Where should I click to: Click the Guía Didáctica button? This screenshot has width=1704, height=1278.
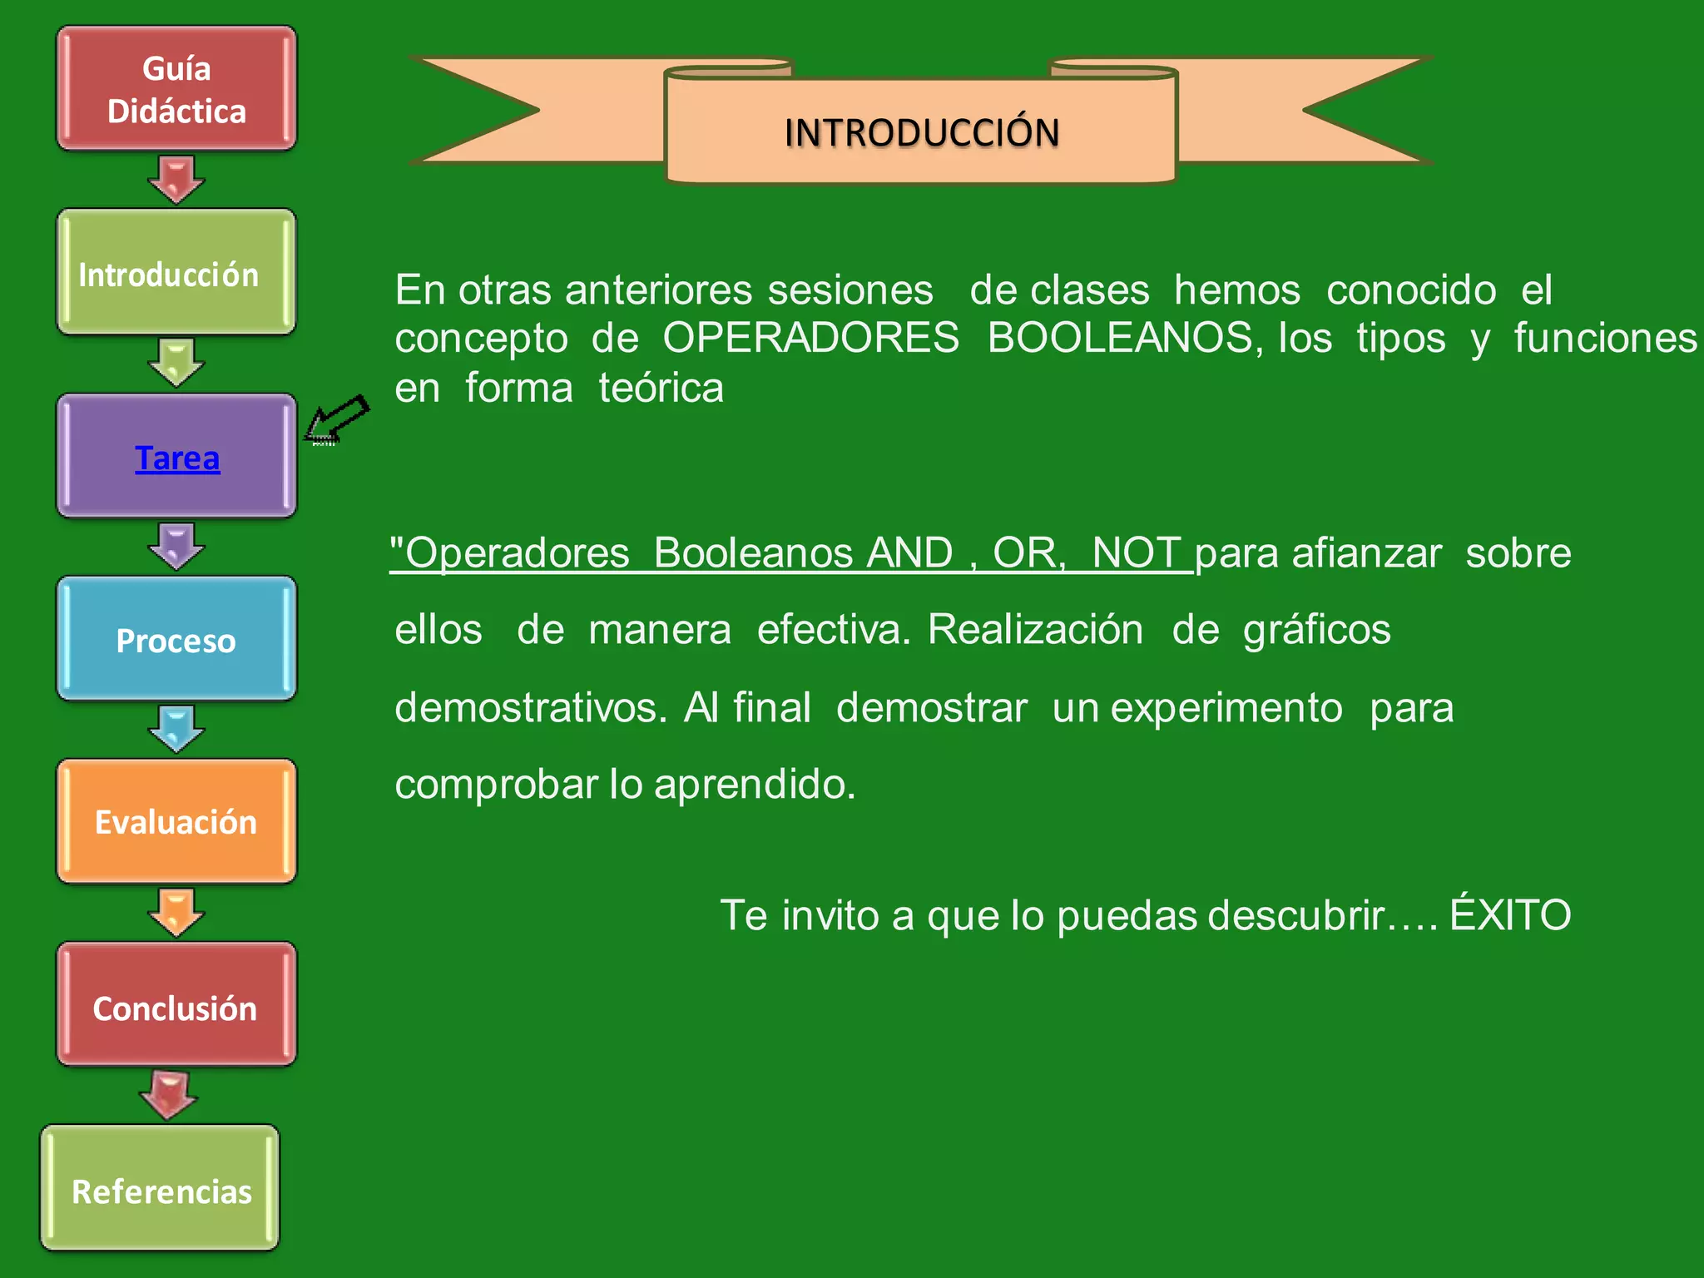[176, 89]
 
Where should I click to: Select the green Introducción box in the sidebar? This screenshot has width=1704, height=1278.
[176, 273]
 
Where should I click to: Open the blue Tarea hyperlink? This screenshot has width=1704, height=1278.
[177, 458]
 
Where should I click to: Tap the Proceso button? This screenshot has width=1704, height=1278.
[176, 640]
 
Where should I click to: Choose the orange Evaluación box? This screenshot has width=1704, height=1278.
[176, 822]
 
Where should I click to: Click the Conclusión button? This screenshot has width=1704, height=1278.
[176, 1007]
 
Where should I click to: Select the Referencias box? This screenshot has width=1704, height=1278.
[161, 1190]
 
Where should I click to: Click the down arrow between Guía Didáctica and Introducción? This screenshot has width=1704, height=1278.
[176, 178]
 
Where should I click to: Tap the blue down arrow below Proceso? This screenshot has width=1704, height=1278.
[176, 728]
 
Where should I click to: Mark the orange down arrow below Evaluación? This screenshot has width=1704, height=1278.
[176, 911]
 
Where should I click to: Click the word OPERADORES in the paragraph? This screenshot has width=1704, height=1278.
[810, 339]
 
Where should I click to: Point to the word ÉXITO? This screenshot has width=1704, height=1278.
[1510, 914]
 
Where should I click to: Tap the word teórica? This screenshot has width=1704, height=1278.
[661, 389]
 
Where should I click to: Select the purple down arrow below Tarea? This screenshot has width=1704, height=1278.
[176, 545]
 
